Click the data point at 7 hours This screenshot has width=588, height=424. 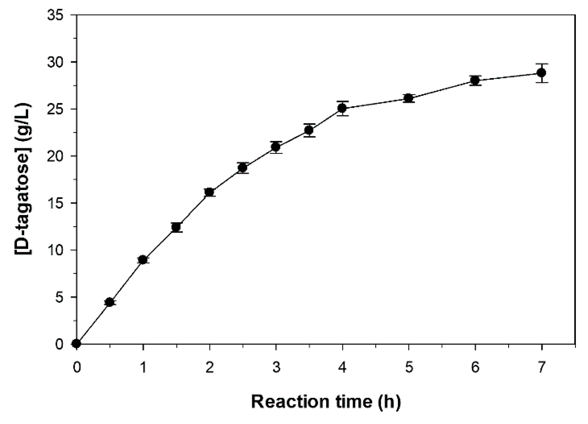(x=542, y=73)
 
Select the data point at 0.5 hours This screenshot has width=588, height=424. (x=110, y=302)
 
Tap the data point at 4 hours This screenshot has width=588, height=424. (x=342, y=108)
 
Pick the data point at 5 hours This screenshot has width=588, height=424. (x=409, y=98)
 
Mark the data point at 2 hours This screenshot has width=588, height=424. (x=209, y=192)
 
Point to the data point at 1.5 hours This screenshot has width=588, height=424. (x=176, y=227)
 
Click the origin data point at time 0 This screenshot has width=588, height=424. (x=77, y=344)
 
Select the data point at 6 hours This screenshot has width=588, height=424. (x=475, y=80)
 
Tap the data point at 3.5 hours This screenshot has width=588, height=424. (x=309, y=130)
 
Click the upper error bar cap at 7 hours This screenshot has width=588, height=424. (x=542, y=64)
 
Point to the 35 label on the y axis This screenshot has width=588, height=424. (x=56, y=15)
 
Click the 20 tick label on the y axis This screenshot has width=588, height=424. (x=56, y=156)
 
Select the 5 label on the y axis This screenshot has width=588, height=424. (x=60, y=297)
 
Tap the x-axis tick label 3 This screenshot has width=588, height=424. (x=276, y=368)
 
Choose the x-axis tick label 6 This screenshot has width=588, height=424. (x=475, y=368)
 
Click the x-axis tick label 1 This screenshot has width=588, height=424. (x=143, y=368)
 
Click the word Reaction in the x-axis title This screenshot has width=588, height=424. (x=290, y=402)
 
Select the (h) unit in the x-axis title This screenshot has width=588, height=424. (x=390, y=402)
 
